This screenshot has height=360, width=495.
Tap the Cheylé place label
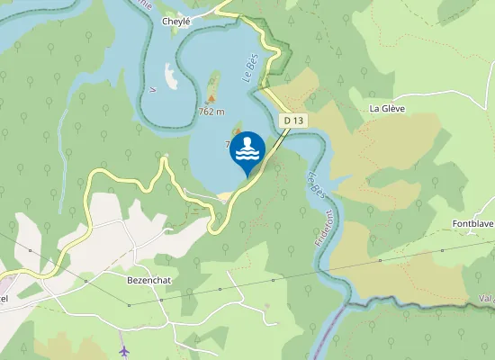[175, 22]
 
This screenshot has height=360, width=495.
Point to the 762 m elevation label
[211, 112]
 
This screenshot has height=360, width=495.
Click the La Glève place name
[387, 108]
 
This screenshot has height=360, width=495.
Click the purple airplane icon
[123, 349]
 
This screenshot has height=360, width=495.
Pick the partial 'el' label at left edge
[4, 298]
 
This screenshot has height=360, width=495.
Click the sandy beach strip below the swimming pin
[229, 193]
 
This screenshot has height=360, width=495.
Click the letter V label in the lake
[154, 88]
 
